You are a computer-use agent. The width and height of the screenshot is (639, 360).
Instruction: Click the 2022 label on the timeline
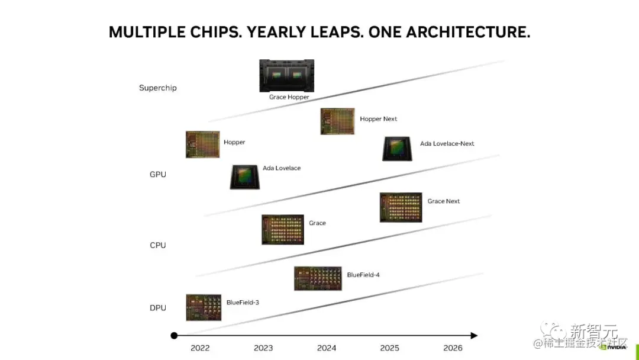click(200, 348)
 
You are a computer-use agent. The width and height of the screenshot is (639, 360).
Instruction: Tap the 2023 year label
click(263, 348)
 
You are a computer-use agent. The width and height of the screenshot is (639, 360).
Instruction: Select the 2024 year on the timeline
click(327, 348)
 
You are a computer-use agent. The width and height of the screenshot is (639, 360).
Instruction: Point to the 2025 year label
click(390, 348)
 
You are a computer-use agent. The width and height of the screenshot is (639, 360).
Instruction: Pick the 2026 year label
click(453, 348)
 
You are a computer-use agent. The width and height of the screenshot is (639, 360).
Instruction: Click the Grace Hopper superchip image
click(287, 75)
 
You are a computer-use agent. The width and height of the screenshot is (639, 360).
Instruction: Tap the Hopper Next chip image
click(337, 121)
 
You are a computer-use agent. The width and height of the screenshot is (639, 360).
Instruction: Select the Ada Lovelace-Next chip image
click(398, 149)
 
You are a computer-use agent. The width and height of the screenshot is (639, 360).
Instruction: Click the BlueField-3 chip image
click(204, 307)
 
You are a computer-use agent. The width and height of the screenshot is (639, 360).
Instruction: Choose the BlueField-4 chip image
click(318, 278)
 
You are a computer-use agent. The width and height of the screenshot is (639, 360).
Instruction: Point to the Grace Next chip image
click(401, 207)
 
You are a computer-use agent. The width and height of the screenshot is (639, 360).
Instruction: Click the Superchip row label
click(158, 88)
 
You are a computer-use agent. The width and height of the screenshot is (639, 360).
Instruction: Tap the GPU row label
click(158, 175)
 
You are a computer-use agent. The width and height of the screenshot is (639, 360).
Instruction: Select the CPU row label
click(158, 245)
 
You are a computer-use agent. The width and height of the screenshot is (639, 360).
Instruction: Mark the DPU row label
click(158, 308)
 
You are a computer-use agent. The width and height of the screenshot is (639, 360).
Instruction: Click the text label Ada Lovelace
click(282, 168)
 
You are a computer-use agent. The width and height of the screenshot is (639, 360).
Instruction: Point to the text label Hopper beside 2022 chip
click(234, 143)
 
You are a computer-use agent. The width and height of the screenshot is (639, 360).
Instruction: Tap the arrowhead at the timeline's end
click(474, 336)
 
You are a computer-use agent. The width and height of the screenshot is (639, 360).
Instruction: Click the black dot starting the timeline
click(174, 336)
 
